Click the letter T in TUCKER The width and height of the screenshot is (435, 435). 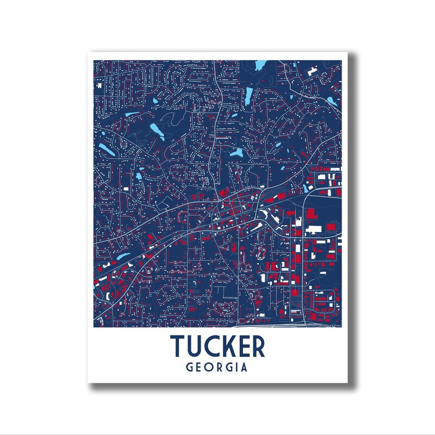click(x=178, y=346)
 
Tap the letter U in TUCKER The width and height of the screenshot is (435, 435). click(x=197, y=346)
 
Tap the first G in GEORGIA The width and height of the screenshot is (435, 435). click(x=190, y=368)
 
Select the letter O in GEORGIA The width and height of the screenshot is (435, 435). click(x=210, y=368)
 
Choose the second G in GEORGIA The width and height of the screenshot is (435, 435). click(x=229, y=368)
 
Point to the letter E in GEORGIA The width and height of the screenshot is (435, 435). click(x=200, y=368)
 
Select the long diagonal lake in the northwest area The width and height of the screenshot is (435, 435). click(x=156, y=130)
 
